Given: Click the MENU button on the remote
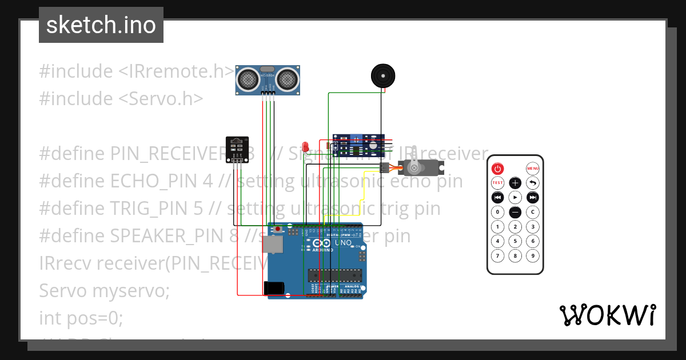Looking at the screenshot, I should pos(533,169).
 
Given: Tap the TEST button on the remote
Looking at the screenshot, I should pos(498,183).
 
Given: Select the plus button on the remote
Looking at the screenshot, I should pos(515,183).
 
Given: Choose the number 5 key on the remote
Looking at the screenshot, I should pos(515,241).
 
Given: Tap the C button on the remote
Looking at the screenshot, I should pos(533,212).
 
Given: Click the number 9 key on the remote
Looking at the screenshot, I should pos(533,255).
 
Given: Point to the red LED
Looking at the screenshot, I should pos(305,147).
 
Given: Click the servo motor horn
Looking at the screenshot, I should pos(414,167).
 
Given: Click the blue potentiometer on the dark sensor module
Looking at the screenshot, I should pos(356,139).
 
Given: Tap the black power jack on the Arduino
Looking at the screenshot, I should pos(273,288).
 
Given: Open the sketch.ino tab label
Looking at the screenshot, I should pos(101,25).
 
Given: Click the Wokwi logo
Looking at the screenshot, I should pos(607,315).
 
